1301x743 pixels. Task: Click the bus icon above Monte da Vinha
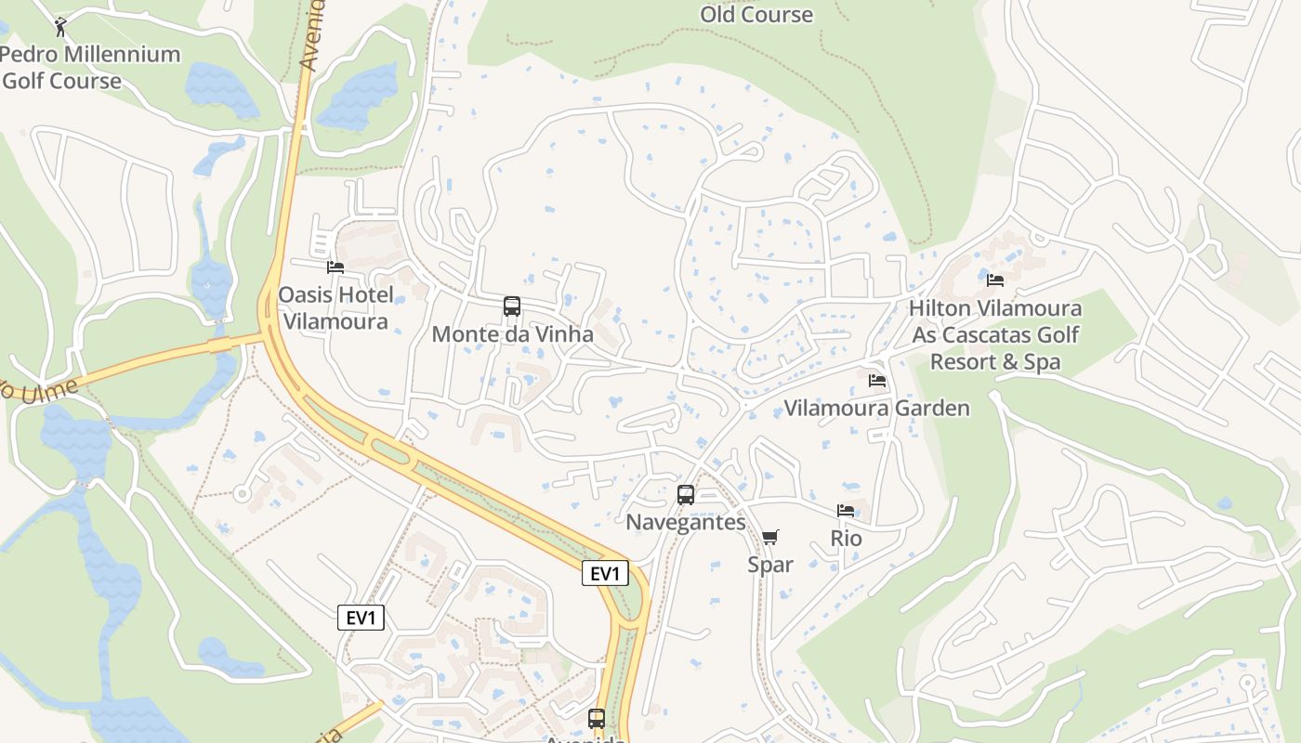pyautogui.click(x=511, y=306)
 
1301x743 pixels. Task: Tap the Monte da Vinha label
pyautogui.click(x=512, y=333)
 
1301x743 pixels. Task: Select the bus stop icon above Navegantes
pyautogui.click(x=686, y=495)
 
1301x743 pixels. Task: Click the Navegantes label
pyautogui.click(x=686, y=522)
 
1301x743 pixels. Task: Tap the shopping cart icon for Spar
pyautogui.click(x=769, y=538)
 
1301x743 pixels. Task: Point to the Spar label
pyautogui.click(x=770, y=564)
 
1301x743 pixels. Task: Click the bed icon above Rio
pyautogui.click(x=846, y=511)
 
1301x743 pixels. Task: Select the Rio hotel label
pyautogui.click(x=846, y=538)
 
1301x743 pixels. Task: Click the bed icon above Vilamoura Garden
pyautogui.click(x=876, y=381)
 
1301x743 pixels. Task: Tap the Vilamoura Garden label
pyautogui.click(x=876, y=408)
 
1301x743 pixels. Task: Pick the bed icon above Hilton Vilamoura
pyautogui.click(x=995, y=280)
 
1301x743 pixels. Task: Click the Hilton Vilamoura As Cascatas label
pyautogui.click(x=995, y=334)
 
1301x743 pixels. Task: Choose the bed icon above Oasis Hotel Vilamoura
pyautogui.click(x=335, y=267)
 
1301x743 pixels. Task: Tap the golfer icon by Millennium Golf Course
pyautogui.click(x=61, y=26)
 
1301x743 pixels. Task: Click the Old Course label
pyautogui.click(x=756, y=14)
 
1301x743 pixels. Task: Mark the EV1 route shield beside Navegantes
pyautogui.click(x=605, y=574)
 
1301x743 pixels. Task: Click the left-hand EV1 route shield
pyautogui.click(x=361, y=618)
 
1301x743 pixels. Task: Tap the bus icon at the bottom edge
pyautogui.click(x=597, y=719)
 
